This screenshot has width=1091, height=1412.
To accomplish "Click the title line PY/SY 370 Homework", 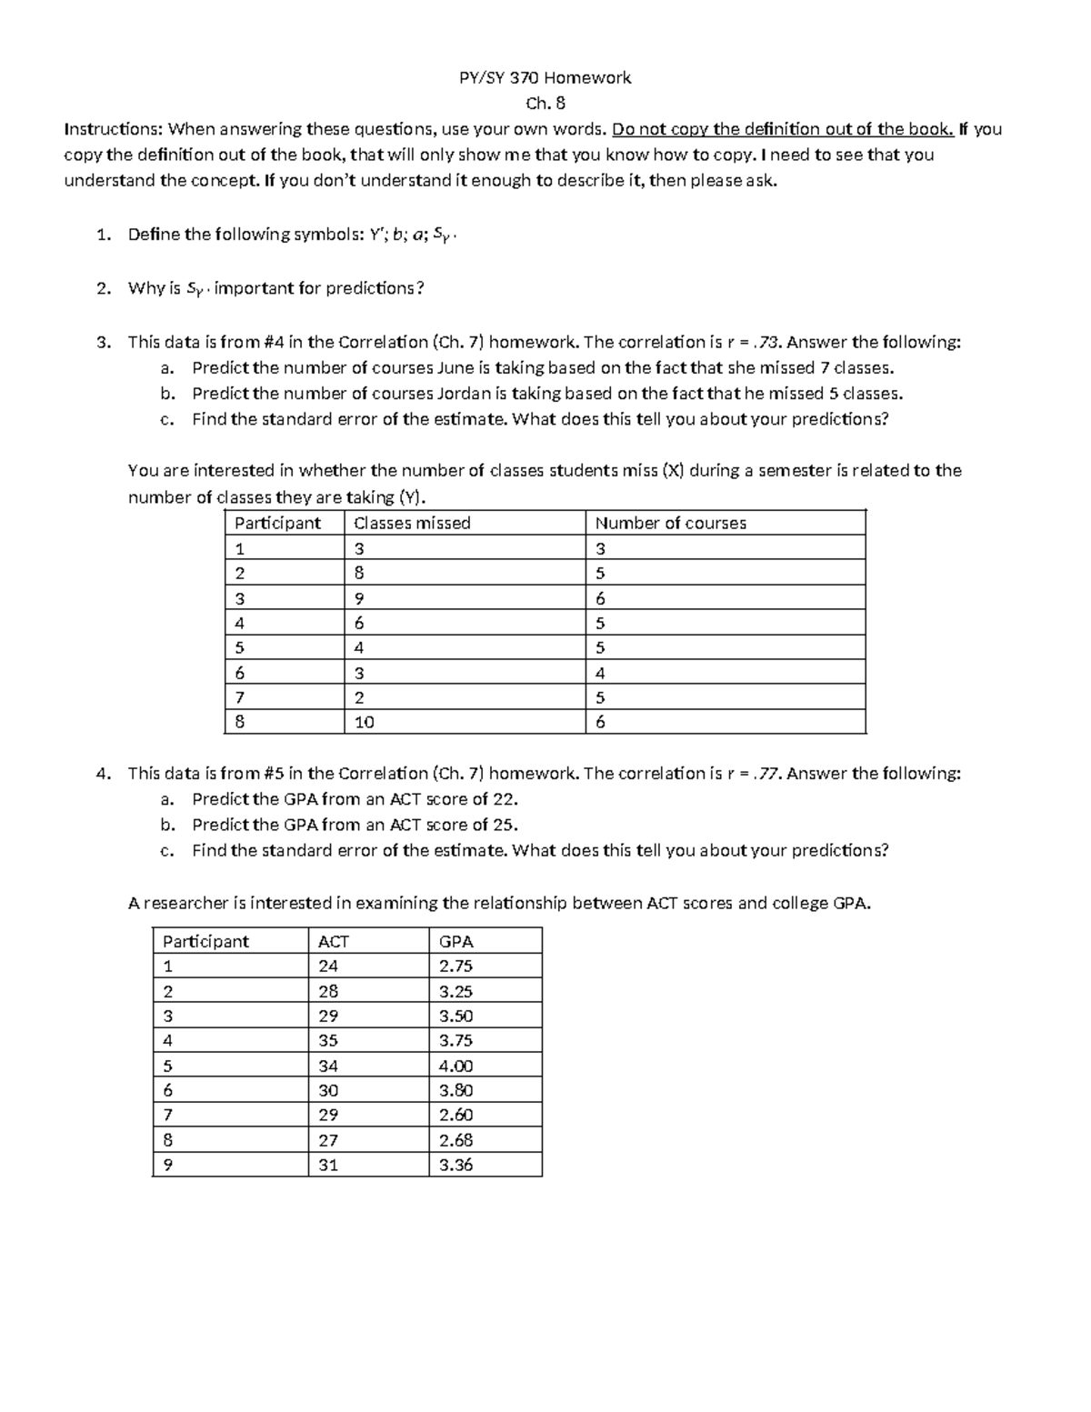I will click(x=545, y=78).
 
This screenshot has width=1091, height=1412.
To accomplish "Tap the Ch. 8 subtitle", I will click(x=545, y=104).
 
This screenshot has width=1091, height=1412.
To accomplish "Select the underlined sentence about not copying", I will click(x=783, y=129).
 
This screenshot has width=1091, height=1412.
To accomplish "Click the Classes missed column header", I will click(x=412, y=523).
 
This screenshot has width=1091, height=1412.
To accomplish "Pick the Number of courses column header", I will click(x=670, y=523).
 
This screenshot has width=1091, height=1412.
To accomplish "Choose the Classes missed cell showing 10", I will click(x=365, y=723).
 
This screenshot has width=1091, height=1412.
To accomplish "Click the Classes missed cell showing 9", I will click(x=359, y=598).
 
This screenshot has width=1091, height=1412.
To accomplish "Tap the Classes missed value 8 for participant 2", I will click(x=359, y=574).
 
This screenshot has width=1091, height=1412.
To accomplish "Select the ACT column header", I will click(x=333, y=942).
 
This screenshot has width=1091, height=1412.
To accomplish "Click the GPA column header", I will click(x=455, y=942).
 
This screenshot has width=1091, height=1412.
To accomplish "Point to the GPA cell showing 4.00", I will click(x=455, y=1066).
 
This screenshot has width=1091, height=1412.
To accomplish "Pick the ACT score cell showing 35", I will click(x=328, y=1041).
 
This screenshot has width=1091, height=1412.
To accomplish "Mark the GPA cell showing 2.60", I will click(x=455, y=1116).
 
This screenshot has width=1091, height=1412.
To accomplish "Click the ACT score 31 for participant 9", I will click(x=328, y=1165).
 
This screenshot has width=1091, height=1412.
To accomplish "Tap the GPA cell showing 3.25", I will click(x=455, y=992).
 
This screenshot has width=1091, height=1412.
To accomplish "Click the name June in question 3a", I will click(x=455, y=368).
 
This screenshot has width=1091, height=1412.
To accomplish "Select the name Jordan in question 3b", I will click(x=464, y=394).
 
